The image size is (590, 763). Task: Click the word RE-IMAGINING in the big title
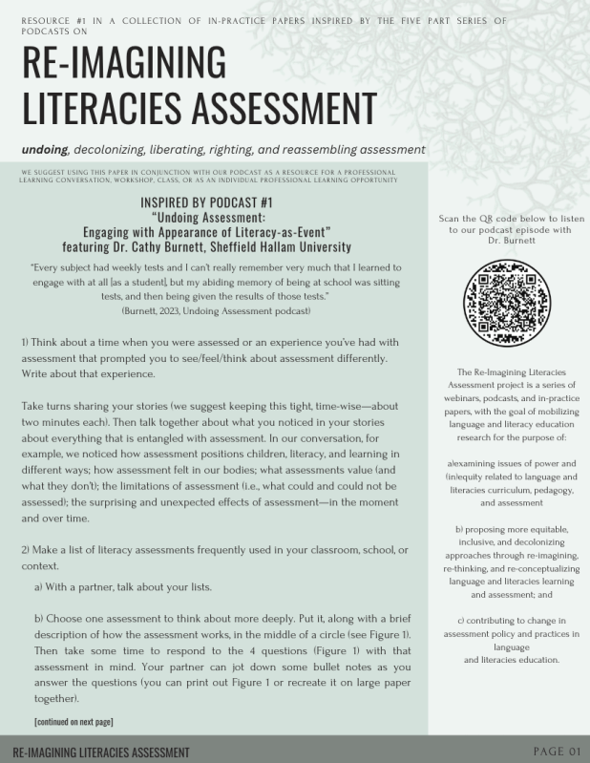[123, 64]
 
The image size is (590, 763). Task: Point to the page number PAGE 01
[557, 751]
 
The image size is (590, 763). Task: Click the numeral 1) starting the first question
[26, 342]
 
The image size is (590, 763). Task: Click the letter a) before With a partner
[39, 585]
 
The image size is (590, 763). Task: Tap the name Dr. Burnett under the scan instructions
[508, 241]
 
